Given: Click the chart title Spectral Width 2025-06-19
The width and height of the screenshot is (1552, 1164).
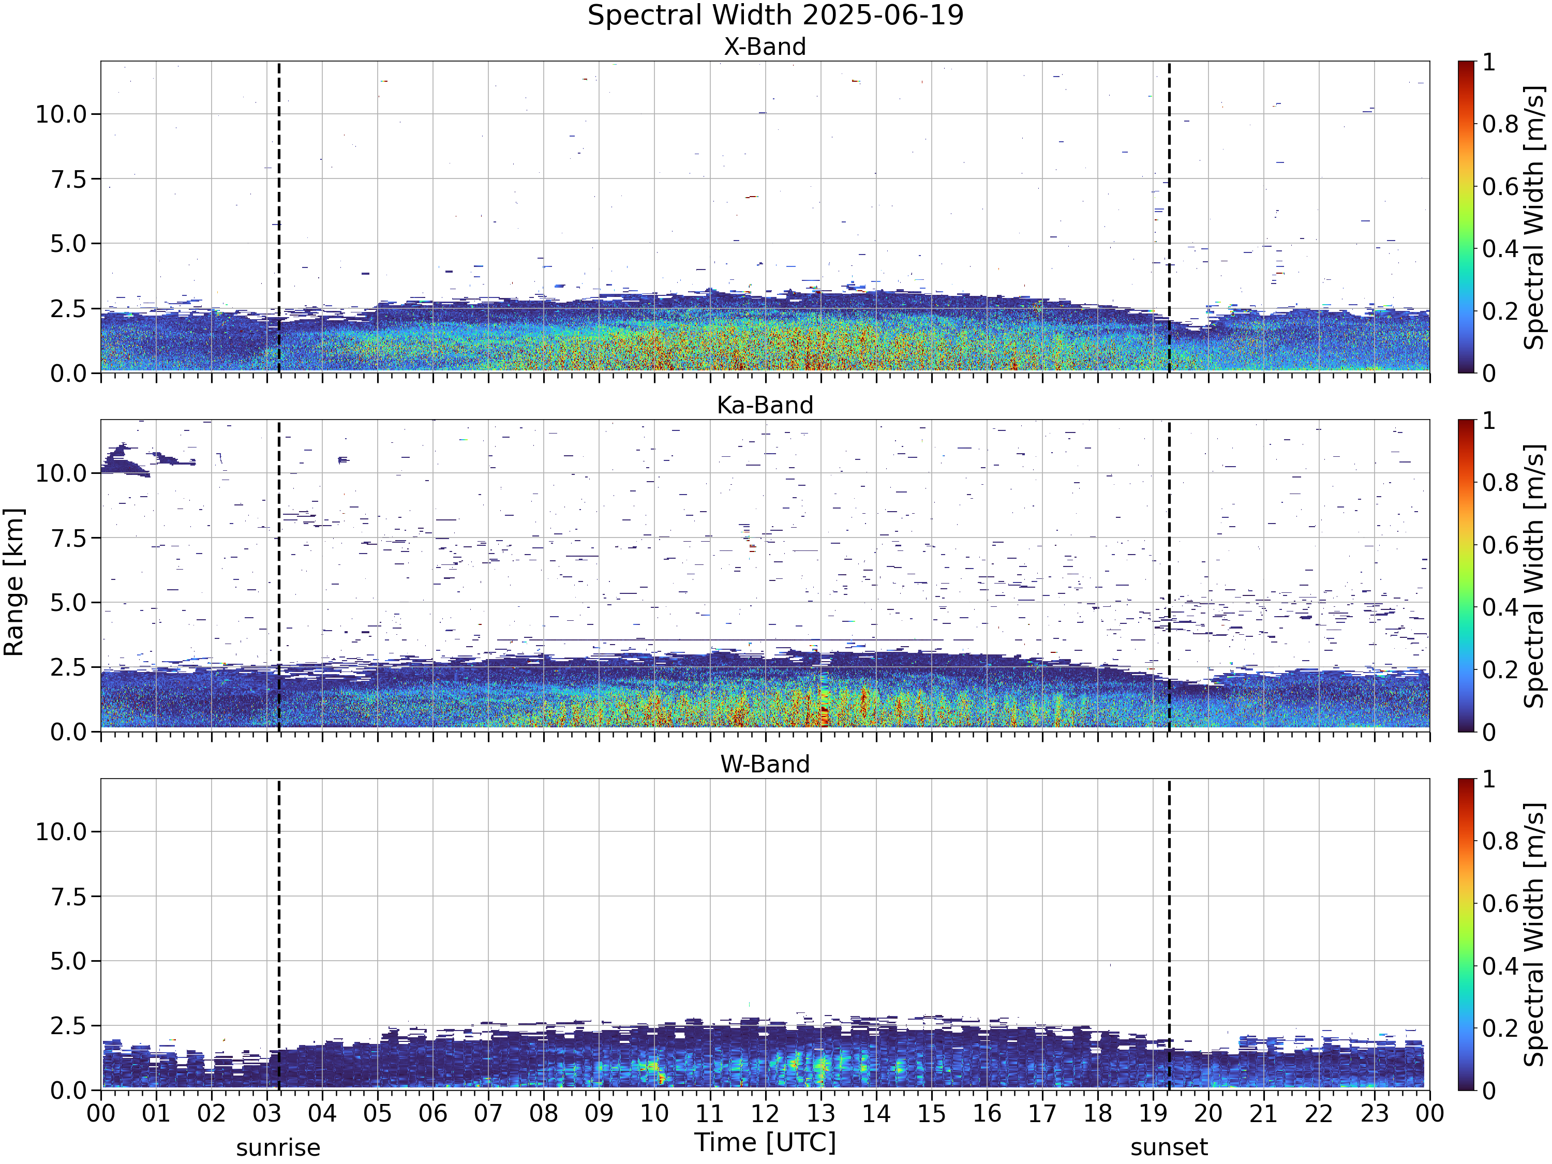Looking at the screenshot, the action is tap(775, 16).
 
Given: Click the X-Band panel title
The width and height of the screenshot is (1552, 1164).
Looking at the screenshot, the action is tap(765, 47).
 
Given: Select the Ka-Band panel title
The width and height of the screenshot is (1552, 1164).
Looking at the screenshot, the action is tap(765, 406).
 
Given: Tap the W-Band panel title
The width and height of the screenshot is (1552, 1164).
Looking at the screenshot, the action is tap(765, 764).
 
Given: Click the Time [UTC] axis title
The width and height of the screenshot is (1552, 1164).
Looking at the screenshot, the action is tap(765, 1143).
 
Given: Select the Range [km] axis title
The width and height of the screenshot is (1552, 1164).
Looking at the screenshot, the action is tap(14, 583).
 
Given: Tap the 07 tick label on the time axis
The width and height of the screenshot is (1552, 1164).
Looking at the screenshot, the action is tap(488, 1113).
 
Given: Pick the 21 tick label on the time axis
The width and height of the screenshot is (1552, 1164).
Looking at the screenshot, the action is tap(1264, 1113).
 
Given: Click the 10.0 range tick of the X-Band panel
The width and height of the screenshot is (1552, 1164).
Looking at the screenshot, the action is tap(61, 114).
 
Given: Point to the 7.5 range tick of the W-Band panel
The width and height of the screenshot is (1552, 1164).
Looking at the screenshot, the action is tap(68, 897).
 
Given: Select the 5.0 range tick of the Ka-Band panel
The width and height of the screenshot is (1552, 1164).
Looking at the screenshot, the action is tap(68, 603).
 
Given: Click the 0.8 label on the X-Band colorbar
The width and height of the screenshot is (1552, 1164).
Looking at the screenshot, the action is tap(1500, 124).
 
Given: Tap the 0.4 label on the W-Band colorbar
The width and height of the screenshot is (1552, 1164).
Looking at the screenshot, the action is tap(1500, 966).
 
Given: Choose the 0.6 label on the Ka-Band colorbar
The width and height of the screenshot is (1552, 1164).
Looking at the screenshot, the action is tap(1500, 545).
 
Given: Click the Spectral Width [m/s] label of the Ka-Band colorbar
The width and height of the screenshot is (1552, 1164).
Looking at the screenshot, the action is tap(1535, 576).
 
